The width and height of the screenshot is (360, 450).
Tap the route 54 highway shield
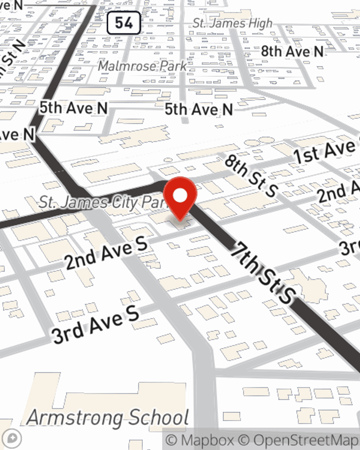coord(123,23)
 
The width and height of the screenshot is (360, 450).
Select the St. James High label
coord(233,23)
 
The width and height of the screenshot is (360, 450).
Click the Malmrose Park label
coord(143,66)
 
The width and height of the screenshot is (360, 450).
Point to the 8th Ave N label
coord(292,52)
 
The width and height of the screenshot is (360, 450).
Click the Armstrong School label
coord(108,418)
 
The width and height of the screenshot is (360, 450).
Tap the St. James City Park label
coord(103,202)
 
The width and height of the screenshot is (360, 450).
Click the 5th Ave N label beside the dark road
coord(73,108)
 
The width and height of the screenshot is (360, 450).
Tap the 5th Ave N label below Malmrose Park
coord(199,109)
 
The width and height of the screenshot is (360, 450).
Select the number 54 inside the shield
coord(123,23)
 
